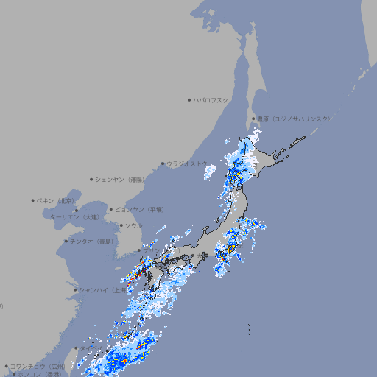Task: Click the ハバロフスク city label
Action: click(x=211, y=99)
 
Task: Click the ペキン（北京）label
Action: click(x=56, y=200)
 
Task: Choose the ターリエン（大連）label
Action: click(x=74, y=217)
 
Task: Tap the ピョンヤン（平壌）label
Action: click(x=140, y=209)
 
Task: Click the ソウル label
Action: click(x=133, y=225)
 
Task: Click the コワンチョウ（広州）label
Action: click(x=38, y=366)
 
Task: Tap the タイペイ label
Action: click(x=87, y=348)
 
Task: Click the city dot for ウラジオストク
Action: click(x=163, y=163)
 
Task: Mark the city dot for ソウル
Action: click(x=121, y=225)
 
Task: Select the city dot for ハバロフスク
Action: click(x=189, y=99)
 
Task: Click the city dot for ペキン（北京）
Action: click(x=33, y=200)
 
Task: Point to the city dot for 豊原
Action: click(x=253, y=119)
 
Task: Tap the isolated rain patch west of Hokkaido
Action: click(x=210, y=172)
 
